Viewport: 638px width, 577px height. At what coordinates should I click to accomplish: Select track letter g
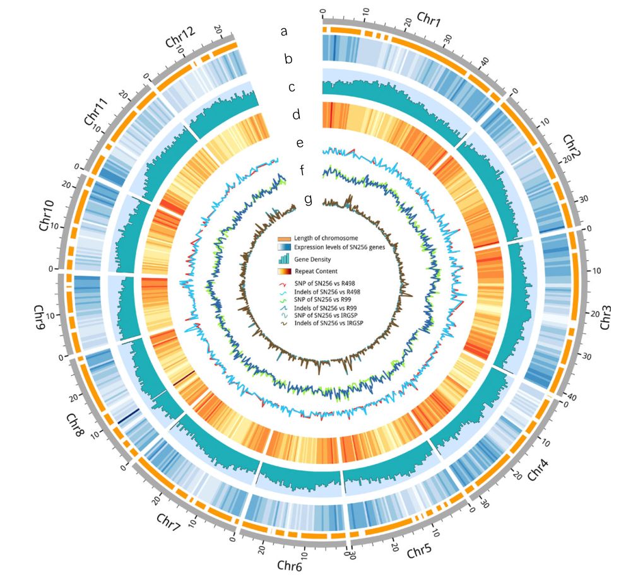(x=308, y=199)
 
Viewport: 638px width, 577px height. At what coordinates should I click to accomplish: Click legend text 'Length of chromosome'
(x=329, y=239)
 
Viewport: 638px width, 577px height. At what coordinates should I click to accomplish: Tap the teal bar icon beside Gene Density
(x=284, y=259)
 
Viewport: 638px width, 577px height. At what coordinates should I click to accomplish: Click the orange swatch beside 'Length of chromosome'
(x=284, y=239)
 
